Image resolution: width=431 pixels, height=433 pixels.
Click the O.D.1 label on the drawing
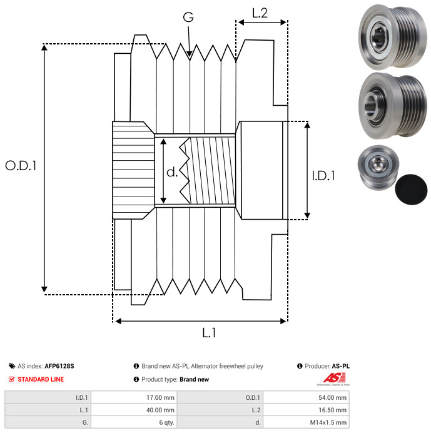21,166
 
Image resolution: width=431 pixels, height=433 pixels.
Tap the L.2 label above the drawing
260,13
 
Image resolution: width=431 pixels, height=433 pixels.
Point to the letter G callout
188,17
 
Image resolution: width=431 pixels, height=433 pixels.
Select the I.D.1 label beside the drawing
323,176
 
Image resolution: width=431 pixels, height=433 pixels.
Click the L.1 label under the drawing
209,333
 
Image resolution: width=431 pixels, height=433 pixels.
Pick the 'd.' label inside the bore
172,172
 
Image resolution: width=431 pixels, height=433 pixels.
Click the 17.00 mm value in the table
160,398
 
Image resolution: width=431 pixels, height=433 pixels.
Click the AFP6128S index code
59,366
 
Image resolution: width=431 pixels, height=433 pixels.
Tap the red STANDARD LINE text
41,379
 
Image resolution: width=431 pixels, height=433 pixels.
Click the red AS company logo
334,379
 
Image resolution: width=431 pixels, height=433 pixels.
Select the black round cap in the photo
411,190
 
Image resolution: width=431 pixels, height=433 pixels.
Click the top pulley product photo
392,36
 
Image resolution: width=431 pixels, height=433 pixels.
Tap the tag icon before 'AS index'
12,366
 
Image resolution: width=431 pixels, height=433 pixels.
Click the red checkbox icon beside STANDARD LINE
11,379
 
